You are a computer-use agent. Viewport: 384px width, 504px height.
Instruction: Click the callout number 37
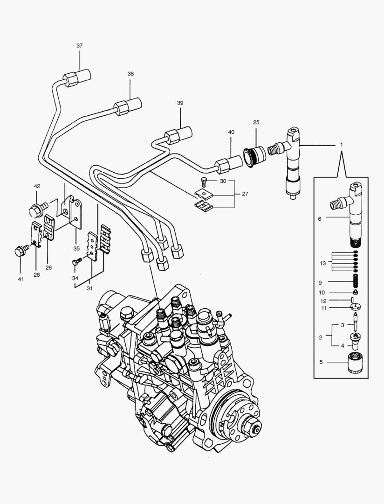click(x=80, y=45)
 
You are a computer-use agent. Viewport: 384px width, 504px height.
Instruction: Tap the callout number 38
click(x=130, y=74)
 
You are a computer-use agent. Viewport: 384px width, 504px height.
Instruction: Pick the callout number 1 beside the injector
click(x=341, y=145)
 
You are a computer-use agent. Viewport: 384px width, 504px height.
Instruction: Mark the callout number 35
click(x=77, y=248)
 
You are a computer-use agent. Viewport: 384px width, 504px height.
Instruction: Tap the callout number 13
click(x=322, y=264)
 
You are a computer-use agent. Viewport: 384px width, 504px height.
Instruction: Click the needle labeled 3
click(x=356, y=322)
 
